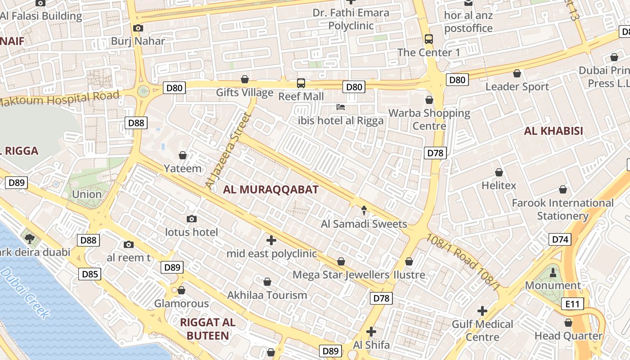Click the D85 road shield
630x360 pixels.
point(90,274)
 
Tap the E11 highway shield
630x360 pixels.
point(572,304)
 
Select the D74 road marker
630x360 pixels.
point(560,239)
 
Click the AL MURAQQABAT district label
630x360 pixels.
point(270,189)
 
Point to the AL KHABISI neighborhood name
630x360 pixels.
point(553,131)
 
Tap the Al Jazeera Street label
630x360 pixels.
point(227,150)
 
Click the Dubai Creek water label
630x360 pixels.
point(25,292)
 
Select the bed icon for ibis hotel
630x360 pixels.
point(341,107)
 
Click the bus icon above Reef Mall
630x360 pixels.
point(301,83)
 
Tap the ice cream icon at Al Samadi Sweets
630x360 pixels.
point(364,210)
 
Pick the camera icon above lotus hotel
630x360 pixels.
point(192,219)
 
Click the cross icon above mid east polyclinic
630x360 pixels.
point(271,240)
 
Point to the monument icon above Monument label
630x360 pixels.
point(553,272)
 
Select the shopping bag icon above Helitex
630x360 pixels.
point(499,172)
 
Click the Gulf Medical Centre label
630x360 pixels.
point(482,330)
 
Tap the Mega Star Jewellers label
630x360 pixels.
point(341,274)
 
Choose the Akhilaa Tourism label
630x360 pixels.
point(267,295)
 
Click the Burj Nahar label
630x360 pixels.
point(138,41)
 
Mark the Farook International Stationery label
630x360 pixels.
point(562,209)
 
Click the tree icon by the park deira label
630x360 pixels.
point(30,238)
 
